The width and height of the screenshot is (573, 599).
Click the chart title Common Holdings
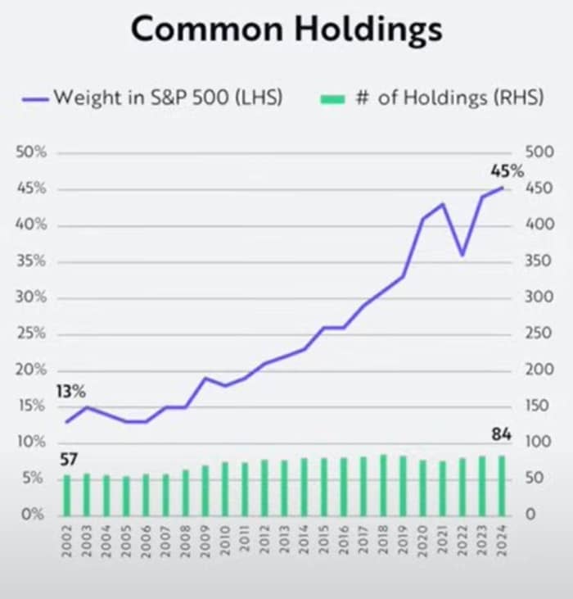[286, 30]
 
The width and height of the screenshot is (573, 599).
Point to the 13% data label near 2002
[71, 392]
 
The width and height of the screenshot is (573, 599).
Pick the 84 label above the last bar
[501, 434]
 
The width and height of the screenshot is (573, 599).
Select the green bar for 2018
[383, 484]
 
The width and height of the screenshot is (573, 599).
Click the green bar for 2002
[67, 494]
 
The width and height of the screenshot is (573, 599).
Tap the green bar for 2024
[501, 484]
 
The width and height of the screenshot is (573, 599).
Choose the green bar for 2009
[205, 489]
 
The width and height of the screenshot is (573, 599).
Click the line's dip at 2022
[462, 255]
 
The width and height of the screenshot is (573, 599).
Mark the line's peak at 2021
[443, 203]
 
